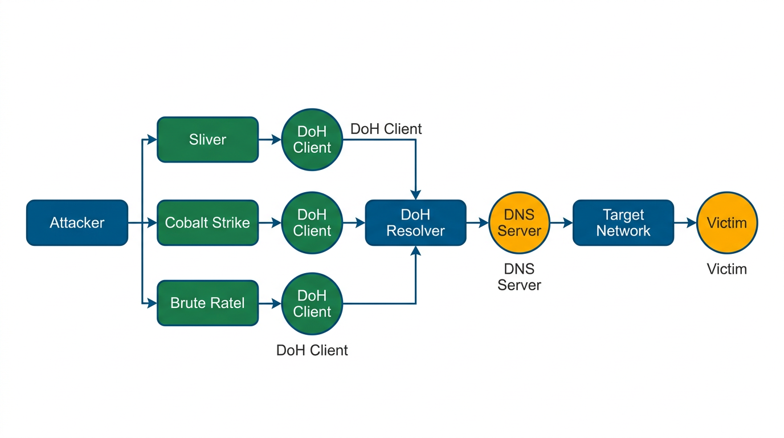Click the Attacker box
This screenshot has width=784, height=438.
(x=77, y=222)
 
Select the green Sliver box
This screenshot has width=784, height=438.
(x=207, y=140)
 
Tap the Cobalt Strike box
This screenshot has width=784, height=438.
(x=207, y=222)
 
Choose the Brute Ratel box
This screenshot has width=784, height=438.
(x=207, y=303)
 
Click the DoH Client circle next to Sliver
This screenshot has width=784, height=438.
(x=312, y=140)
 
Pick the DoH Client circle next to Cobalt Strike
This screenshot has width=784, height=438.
(x=312, y=222)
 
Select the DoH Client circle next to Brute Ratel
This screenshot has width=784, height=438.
(x=312, y=303)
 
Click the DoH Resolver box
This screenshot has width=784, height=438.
(x=415, y=222)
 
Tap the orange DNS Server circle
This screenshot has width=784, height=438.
(x=519, y=222)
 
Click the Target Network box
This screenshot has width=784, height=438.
(x=623, y=222)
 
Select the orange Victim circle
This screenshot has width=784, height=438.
(x=727, y=222)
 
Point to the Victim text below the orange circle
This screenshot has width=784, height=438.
(x=726, y=269)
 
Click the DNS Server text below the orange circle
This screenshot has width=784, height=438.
(x=519, y=277)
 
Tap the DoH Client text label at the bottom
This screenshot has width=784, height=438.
(x=312, y=350)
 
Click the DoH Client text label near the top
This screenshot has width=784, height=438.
(x=386, y=129)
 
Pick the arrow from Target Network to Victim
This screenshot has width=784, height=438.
(x=685, y=222)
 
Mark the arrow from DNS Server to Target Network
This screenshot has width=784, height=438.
(x=561, y=222)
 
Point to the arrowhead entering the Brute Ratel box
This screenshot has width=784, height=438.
(x=153, y=303)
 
